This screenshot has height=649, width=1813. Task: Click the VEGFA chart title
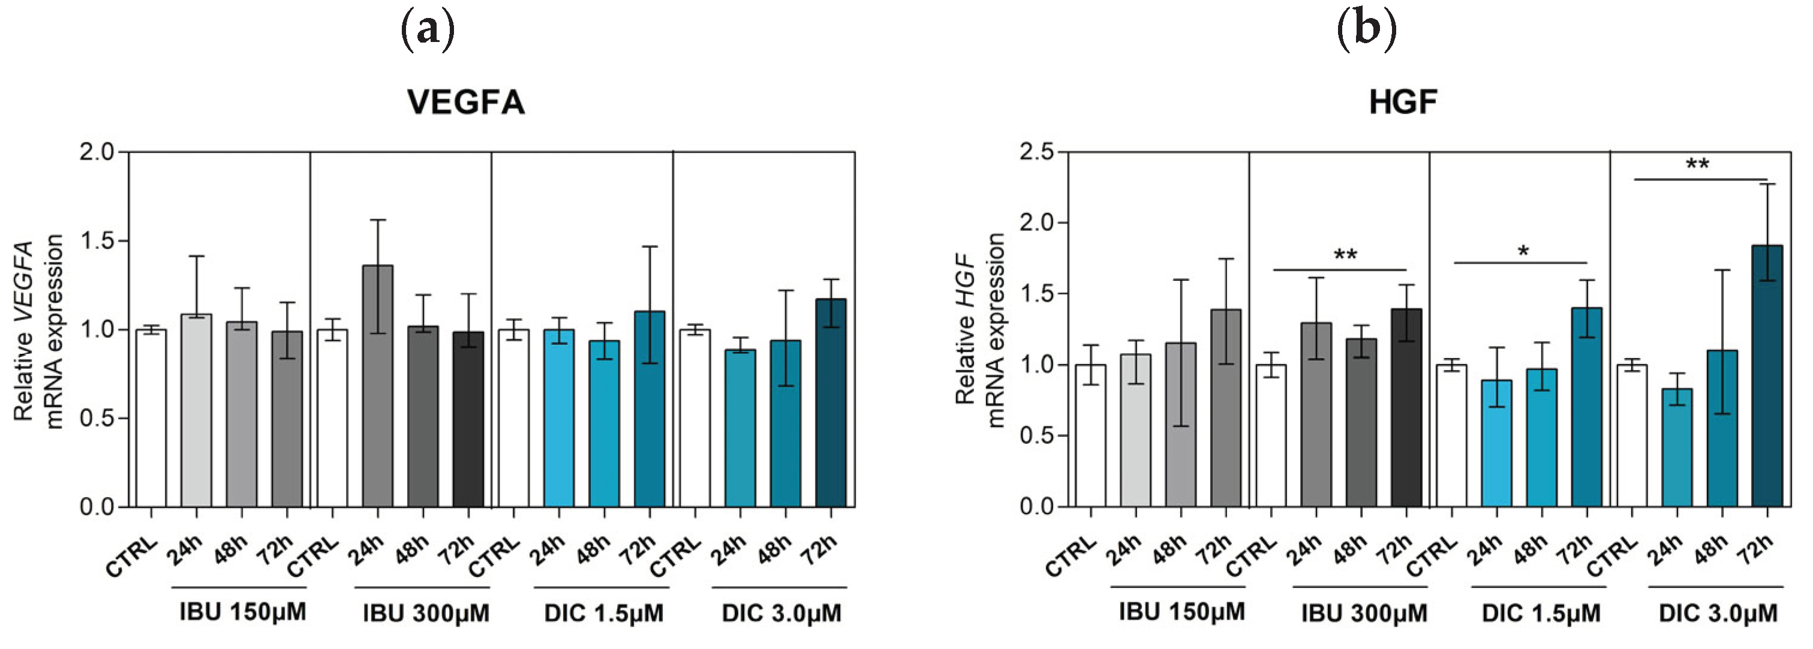pyautogui.click(x=466, y=103)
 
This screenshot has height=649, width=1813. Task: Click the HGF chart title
pyautogui.click(x=1403, y=103)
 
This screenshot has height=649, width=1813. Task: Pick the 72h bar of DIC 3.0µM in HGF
pyautogui.click(x=1767, y=376)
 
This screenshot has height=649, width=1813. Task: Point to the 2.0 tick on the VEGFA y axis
pyautogui.click(x=97, y=152)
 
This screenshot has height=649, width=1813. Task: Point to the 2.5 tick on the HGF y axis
pyautogui.click(x=1037, y=152)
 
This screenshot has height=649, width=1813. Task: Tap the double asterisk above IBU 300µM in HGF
pyautogui.click(x=1345, y=256)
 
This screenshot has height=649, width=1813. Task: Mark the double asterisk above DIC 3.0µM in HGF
pyautogui.click(x=1697, y=166)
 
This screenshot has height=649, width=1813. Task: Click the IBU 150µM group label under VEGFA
pyautogui.click(x=242, y=612)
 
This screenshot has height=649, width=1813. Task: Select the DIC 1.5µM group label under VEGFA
pyautogui.click(x=603, y=613)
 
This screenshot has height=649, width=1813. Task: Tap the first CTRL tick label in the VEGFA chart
pyautogui.click(x=131, y=557)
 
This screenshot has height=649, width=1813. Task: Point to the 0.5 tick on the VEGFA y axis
pyautogui.click(x=97, y=418)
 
